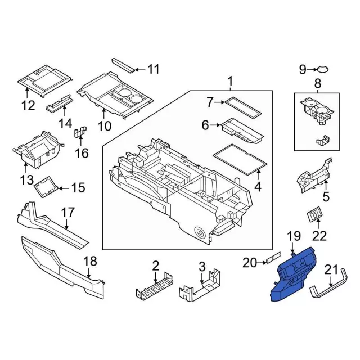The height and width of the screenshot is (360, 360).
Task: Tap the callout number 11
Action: (153, 70)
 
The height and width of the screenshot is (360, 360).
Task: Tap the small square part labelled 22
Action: (315, 215)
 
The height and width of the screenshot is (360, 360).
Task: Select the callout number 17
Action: (67, 213)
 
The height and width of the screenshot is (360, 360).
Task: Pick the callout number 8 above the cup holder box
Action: (318, 84)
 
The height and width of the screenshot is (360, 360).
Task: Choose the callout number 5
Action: (325, 197)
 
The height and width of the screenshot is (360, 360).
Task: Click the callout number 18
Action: (90, 261)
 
